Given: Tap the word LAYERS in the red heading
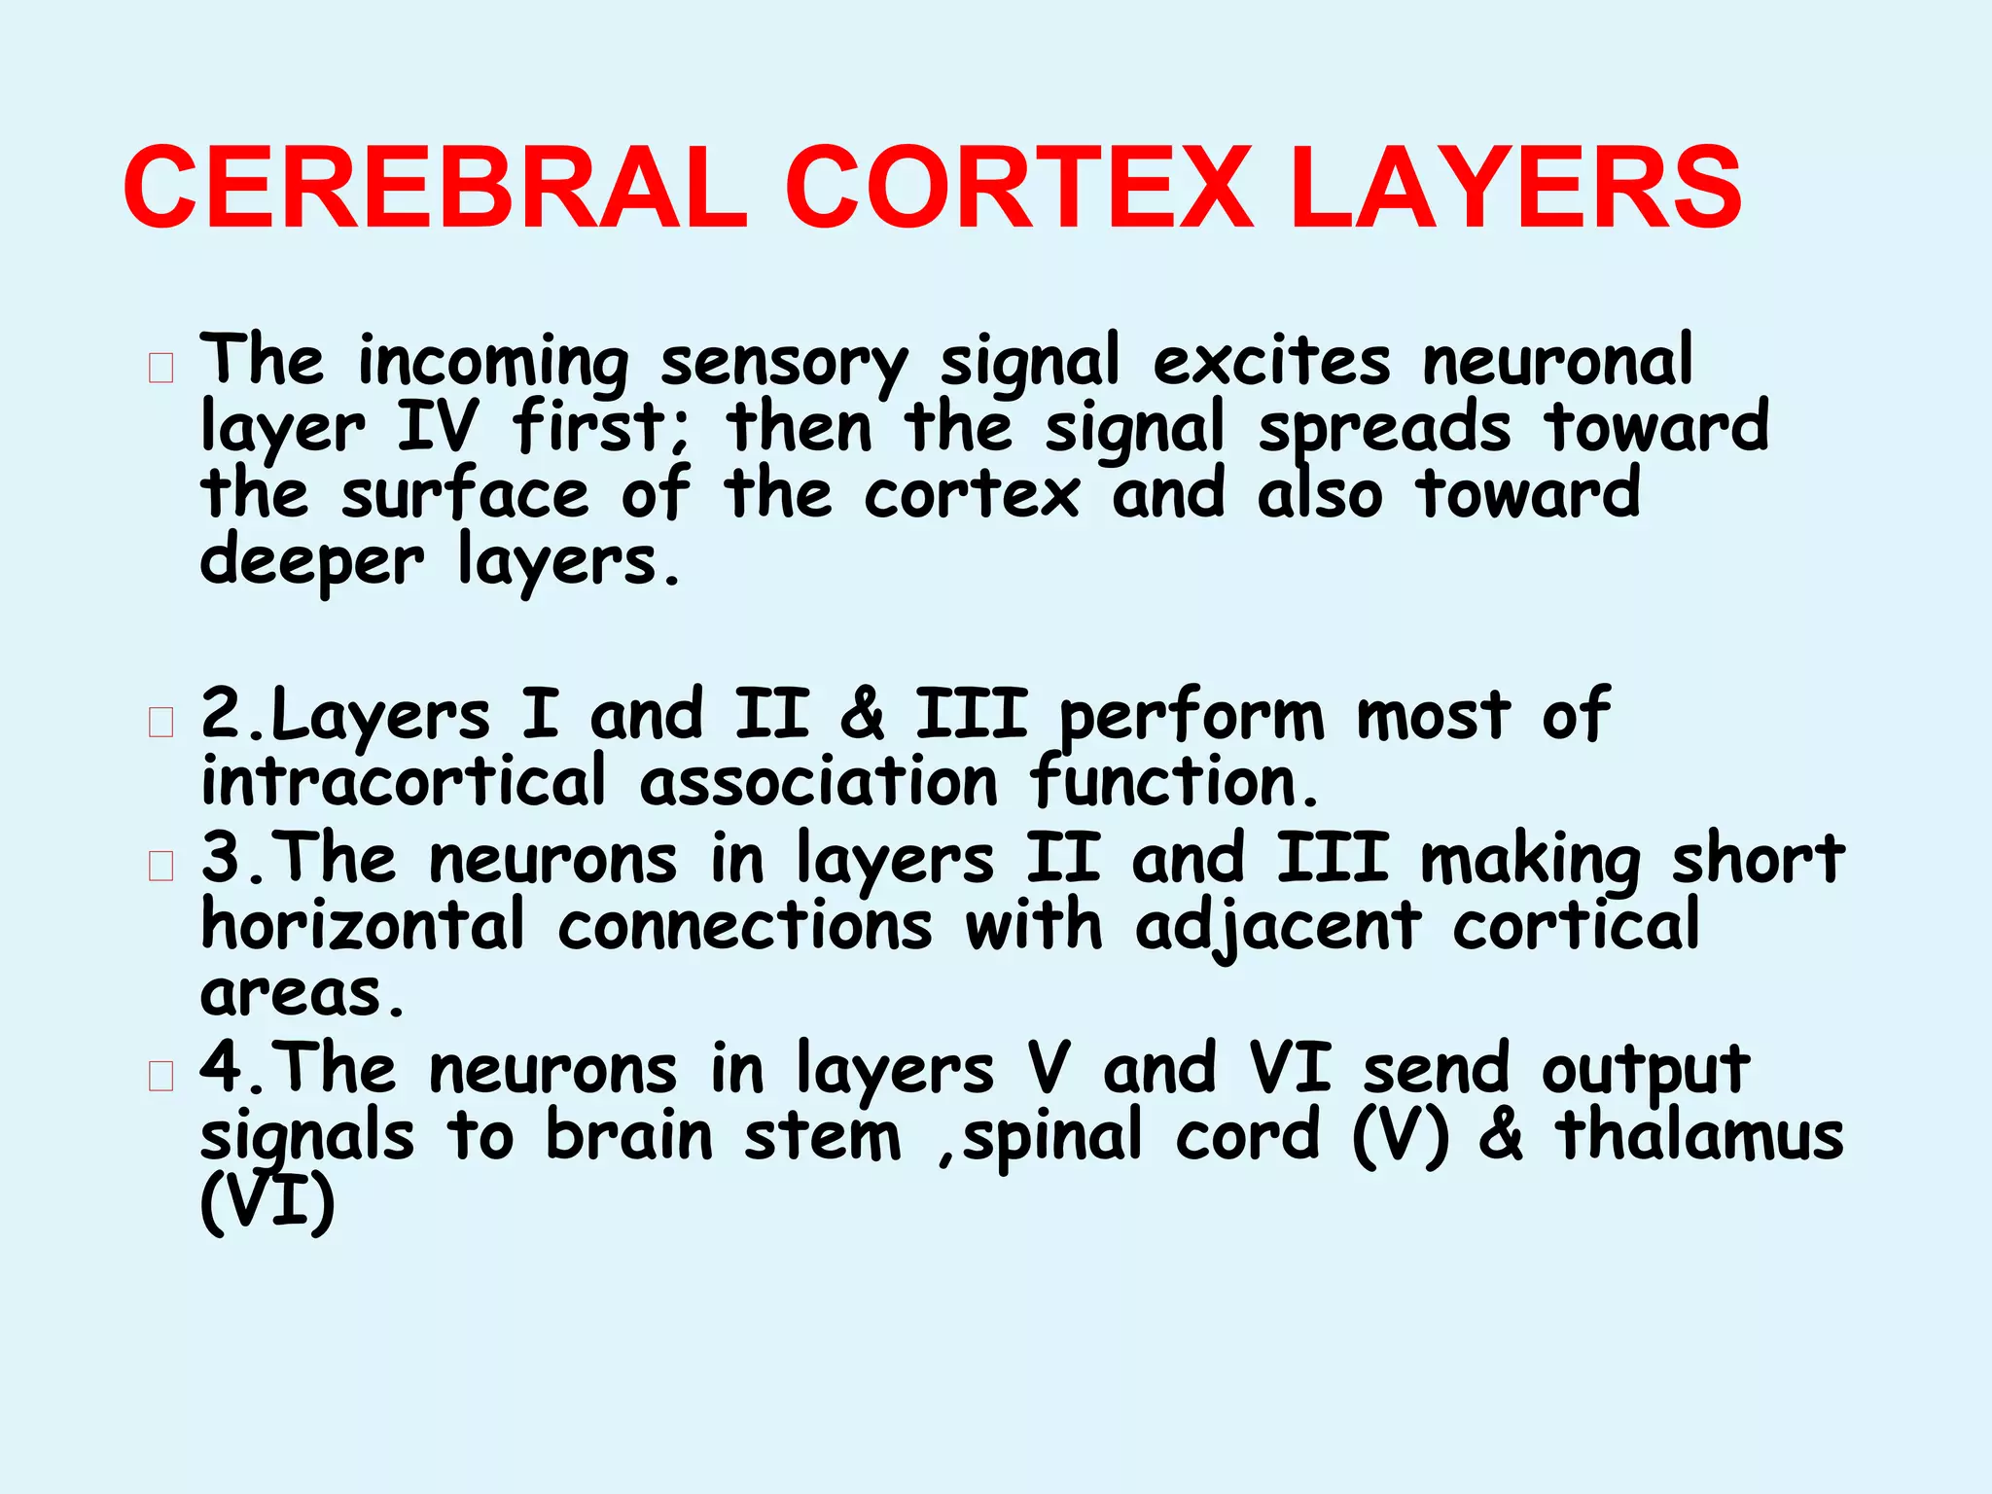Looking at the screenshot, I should pyautogui.click(x=1516, y=188).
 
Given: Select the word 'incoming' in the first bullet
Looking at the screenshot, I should pyautogui.click(x=493, y=363).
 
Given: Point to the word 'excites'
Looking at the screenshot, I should pyautogui.click(x=1271, y=361).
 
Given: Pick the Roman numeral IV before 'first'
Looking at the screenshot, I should pyautogui.click(x=438, y=427).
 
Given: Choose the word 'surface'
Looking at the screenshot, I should pyautogui.click(x=465, y=493).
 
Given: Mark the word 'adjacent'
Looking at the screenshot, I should pyautogui.click(x=1278, y=927).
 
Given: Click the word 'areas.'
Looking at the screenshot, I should pyautogui.click(x=302, y=994).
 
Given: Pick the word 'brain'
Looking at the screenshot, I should pyautogui.click(x=629, y=1135).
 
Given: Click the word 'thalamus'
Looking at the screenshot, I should pyautogui.click(x=1698, y=1135).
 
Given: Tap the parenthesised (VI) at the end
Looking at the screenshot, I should pyautogui.click(x=267, y=1203).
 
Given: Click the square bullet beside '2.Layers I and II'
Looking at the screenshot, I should pyautogui.click(x=161, y=723).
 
